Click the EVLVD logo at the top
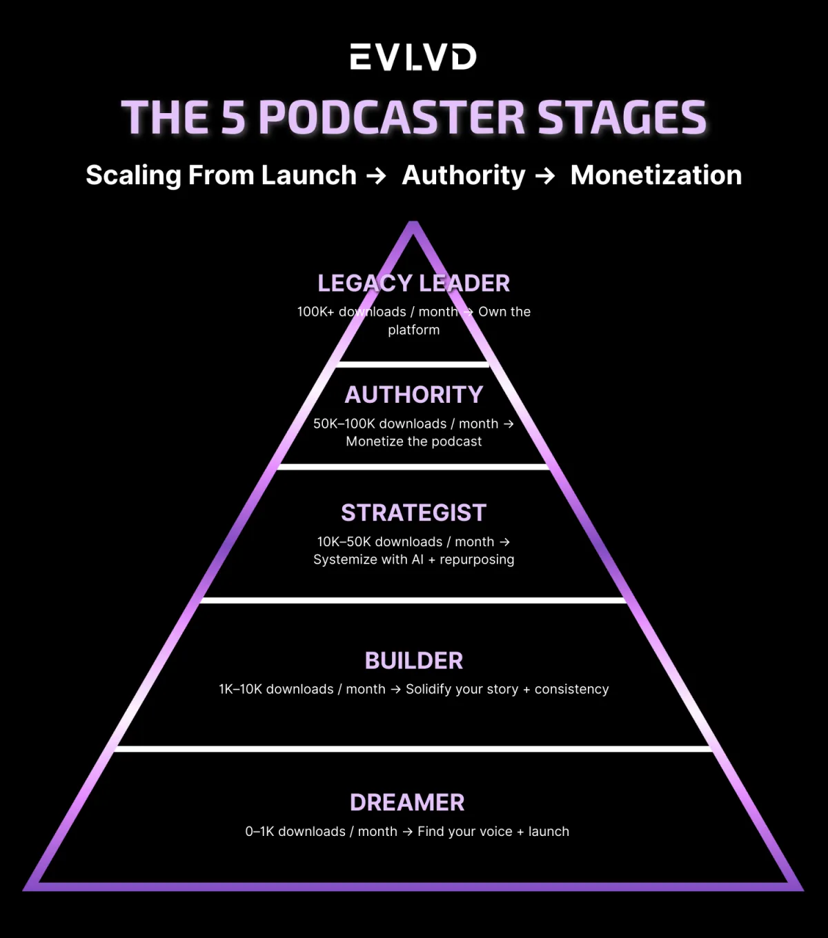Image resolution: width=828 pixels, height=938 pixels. coord(413,57)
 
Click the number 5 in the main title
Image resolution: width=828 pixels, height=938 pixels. coord(233,117)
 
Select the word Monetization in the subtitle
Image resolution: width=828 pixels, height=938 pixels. coord(656,175)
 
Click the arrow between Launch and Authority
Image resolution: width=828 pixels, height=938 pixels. coord(376,176)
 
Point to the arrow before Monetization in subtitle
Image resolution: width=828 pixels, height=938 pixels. coord(545,176)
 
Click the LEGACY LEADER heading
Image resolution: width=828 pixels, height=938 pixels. coord(413,283)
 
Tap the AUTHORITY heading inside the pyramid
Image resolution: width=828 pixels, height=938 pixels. coord(413,395)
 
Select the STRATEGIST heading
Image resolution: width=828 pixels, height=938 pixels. coord(413,513)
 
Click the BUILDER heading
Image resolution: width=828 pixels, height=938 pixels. coord(413,661)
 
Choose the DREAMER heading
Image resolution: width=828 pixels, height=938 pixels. coord(407,803)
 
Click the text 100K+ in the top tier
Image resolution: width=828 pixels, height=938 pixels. coord(315,312)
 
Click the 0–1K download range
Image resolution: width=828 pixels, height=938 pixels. coord(259,832)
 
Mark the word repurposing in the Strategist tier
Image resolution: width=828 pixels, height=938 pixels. coord(477,560)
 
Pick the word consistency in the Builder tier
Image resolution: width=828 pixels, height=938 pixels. coord(571,689)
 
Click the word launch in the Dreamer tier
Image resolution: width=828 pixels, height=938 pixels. coord(549,832)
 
